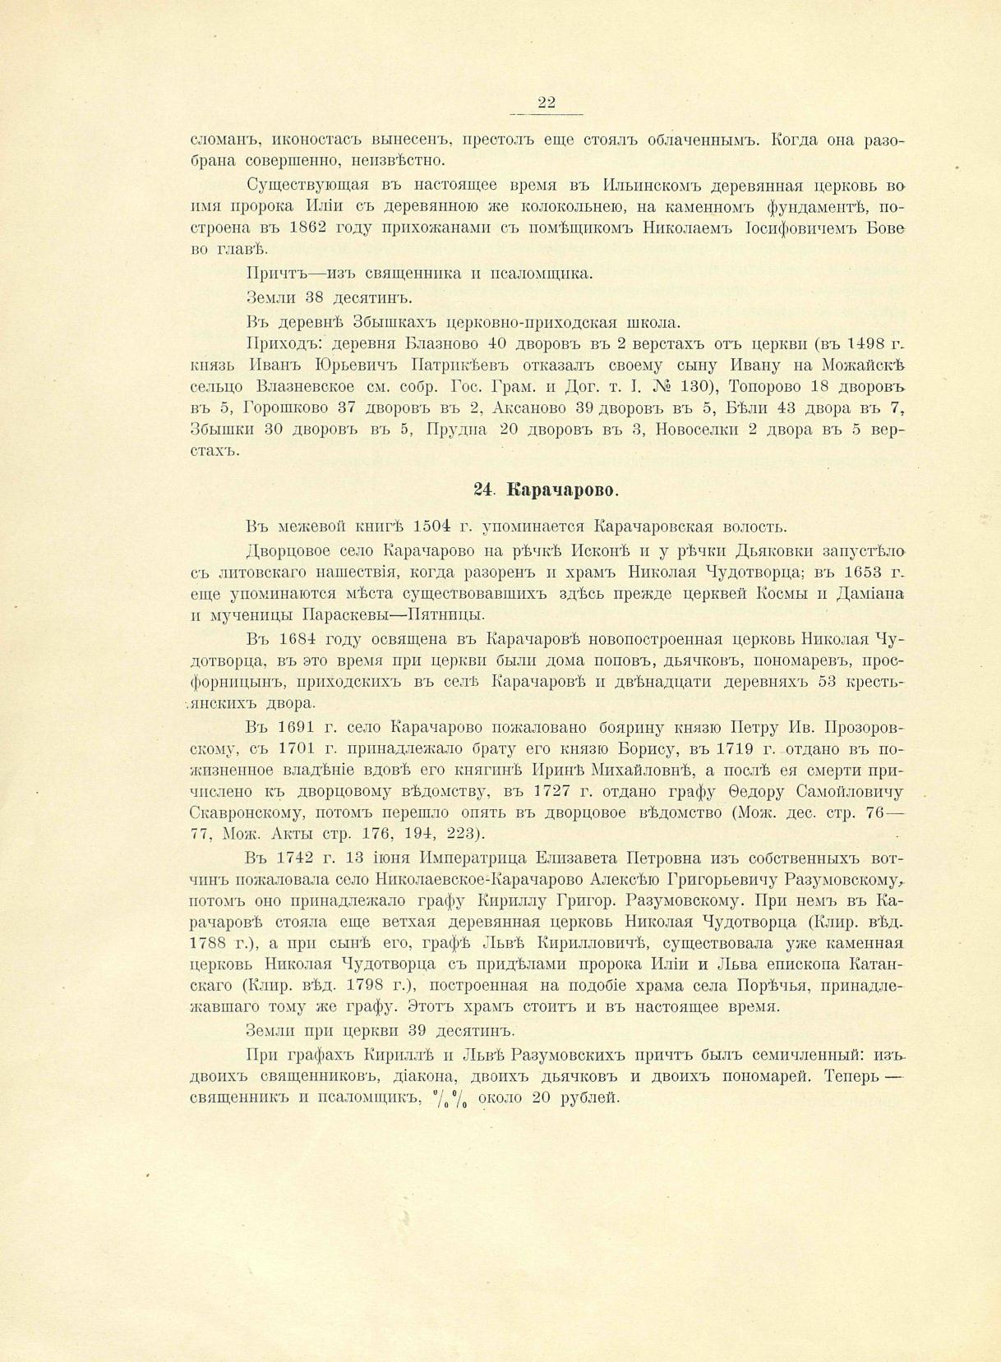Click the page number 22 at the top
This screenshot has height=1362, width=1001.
[547, 103]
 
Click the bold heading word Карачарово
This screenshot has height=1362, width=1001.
[562, 490]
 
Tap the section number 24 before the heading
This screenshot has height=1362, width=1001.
[482, 490]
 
